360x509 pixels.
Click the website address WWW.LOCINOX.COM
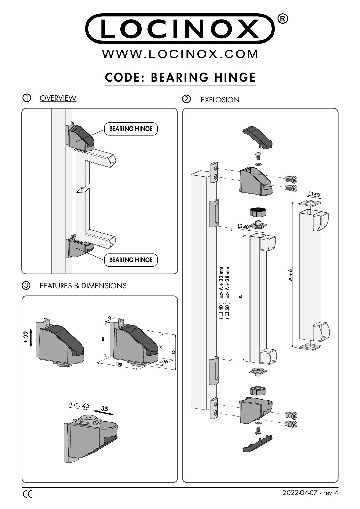pos(180,54)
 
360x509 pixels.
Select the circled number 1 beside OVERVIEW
pos(27,98)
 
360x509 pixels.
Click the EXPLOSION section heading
pos(220,100)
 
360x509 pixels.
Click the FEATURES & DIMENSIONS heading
pos(83,286)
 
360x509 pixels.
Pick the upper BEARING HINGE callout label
pos(131,129)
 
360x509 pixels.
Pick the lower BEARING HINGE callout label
pos(131,260)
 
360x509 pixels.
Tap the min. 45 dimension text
pos(79,405)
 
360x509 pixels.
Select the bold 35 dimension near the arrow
pos(104,409)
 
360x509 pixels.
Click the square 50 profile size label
pos(314,195)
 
